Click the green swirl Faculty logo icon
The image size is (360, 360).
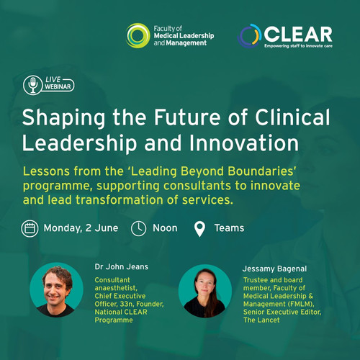pos(138,35)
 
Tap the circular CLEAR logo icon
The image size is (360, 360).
pos(249,36)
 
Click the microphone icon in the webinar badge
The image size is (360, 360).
pos(33,85)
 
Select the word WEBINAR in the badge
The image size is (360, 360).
pos(58,86)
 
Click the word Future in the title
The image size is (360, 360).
pos(187,117)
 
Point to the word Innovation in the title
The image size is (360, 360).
pos(244,143)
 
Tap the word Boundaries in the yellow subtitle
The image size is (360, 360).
pos(261,171)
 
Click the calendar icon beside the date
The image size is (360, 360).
pos(30,228)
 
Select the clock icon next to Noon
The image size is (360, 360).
pos(138,228)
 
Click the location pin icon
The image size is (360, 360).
pos(199,229)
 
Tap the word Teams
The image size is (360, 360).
pos(229,228)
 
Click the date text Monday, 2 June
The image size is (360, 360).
pos(81,228)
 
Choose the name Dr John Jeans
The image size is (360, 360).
pos(122,266)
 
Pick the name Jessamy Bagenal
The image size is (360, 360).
pos(274,269)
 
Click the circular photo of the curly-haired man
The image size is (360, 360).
pos(57,289)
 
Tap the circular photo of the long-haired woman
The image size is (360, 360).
pos(205,291)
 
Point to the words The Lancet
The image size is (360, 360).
pos(261,320)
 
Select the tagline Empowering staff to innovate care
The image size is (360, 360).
pos(298,46)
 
